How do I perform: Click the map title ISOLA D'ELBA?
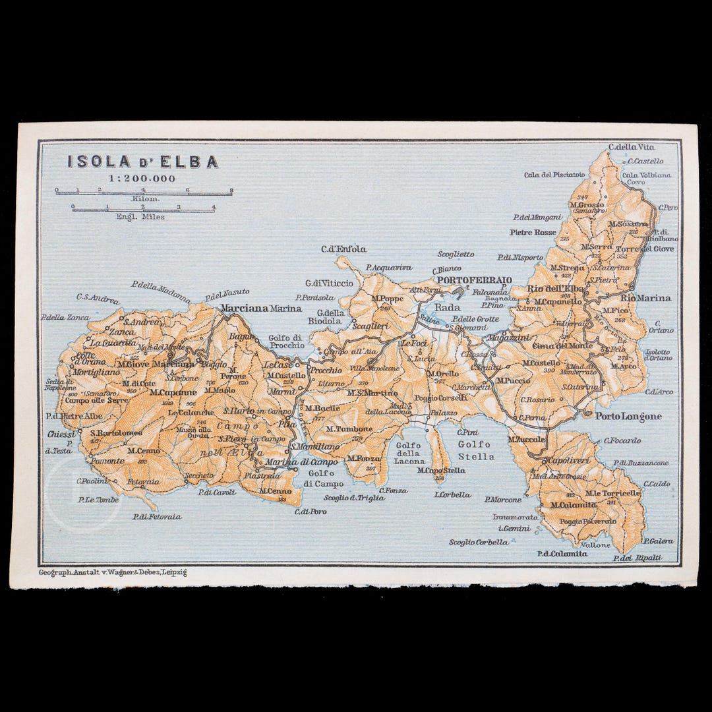point(142,162)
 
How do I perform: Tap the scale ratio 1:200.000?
point(142,178)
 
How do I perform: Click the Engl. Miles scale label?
point(140,216)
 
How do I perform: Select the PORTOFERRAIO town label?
point(475,280)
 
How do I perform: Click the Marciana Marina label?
point(262,308)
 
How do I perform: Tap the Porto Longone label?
point(628,417)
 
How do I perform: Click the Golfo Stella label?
point(475,450)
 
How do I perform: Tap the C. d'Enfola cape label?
point(343,249)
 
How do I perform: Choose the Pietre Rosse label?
point(532,232)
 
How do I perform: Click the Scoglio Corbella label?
point(479,543)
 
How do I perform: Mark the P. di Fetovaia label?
point(156,516)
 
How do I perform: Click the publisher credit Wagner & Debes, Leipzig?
point(113,572)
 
